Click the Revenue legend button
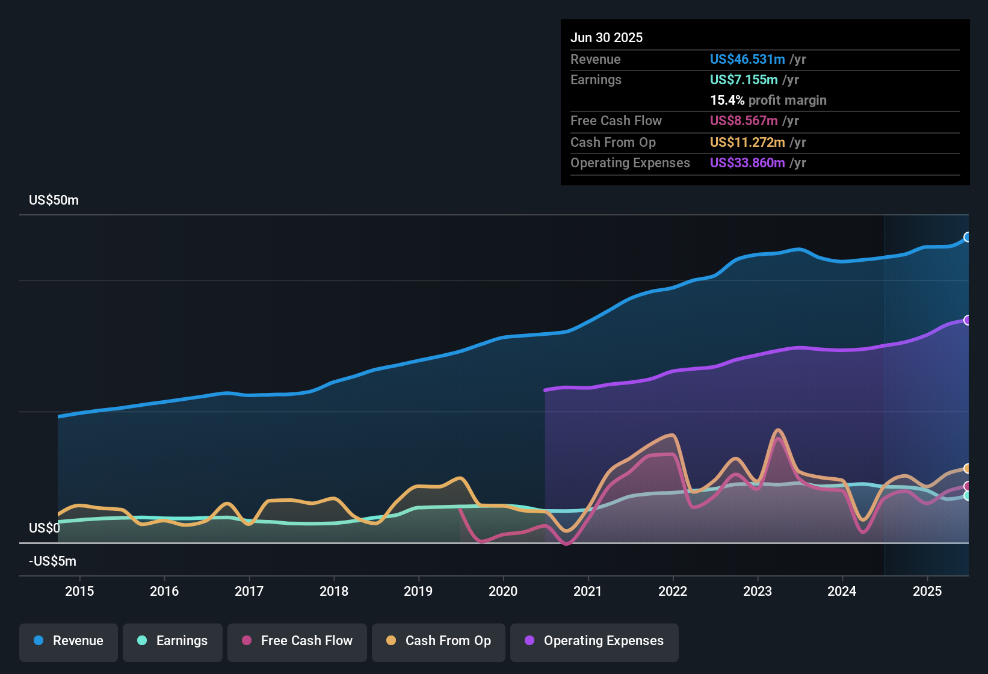[69, 642]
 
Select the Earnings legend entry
[173, 642]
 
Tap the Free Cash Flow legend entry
[297, 642]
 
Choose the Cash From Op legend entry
[439, 642]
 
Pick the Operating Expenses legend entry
[594, 642]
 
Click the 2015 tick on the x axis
[79, 592]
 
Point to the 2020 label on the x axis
[503, 592]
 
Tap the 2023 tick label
[758, 592]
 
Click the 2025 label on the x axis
[927, 592]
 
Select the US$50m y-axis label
[54, 200]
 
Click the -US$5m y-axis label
[52, 561]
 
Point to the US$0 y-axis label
[45, 528]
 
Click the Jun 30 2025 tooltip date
[607, 38]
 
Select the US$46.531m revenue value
[747, 60]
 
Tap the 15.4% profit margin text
[768, 100]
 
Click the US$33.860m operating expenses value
[747, 163]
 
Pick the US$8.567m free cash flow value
[743, 121]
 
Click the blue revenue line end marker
[968, 237]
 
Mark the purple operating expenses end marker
[968, 320]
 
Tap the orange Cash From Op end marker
[968, 468]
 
